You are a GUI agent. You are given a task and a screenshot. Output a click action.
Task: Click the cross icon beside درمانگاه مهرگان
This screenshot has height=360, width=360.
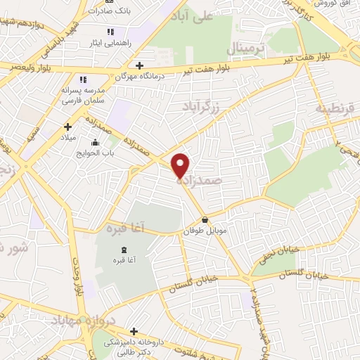pos(140,65)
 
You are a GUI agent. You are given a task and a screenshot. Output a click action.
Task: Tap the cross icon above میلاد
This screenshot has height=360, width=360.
pos(68,127)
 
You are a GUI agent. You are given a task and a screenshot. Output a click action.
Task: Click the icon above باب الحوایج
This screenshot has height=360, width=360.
pos(96,143)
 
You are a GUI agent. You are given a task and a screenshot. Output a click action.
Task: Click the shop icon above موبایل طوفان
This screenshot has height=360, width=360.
pos(205,220)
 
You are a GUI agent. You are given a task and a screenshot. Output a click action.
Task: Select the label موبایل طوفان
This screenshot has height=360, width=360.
pos(204,231)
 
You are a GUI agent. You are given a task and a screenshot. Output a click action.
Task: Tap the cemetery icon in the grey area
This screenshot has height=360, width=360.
pos(124,251)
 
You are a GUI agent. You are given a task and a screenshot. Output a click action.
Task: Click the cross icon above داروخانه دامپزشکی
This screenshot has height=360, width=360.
pos(134,330)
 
